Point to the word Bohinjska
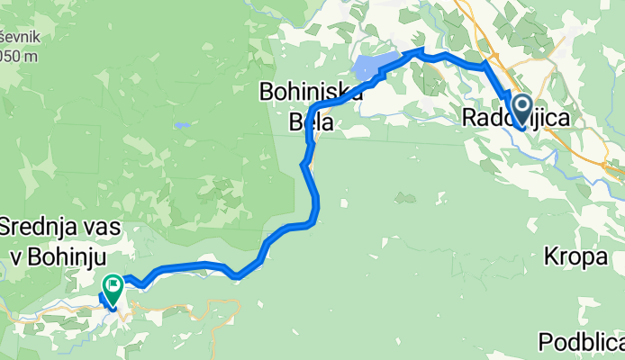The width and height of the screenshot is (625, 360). coord(311,92)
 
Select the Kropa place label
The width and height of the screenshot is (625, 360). coord(575,257)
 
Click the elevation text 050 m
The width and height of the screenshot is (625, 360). coord(19,56)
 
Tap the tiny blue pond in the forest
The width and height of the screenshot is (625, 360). coord(183,125)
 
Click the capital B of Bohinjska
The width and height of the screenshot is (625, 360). coord(267,92)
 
